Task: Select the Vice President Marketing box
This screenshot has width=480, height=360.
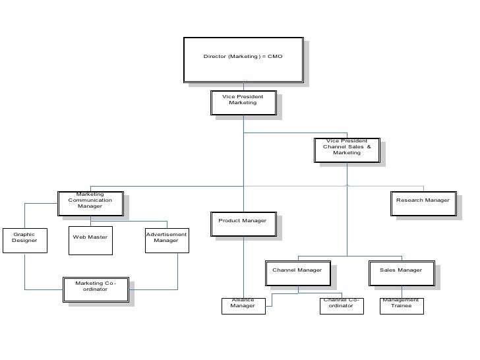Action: click(243, 103)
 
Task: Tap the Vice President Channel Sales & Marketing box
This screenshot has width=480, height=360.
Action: click(347, 149)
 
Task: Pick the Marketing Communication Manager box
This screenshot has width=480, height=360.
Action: click(90, 203)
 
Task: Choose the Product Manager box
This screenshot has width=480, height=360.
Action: click(243, 223)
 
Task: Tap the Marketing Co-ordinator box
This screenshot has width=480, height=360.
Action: click(95, 288)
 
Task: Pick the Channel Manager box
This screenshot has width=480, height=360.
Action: click(297, 273)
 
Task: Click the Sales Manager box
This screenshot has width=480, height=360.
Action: click(401, 273)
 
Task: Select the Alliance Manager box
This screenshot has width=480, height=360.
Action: click(243, 306)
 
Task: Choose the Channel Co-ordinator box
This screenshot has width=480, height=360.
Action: click(342, 306)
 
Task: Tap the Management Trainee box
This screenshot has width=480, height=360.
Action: click(401, 306)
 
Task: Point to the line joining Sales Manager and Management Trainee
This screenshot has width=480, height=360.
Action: click(402, 291)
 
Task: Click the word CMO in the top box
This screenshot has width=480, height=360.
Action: click(275, 57)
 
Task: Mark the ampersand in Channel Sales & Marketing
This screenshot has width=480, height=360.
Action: click(369, 146)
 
